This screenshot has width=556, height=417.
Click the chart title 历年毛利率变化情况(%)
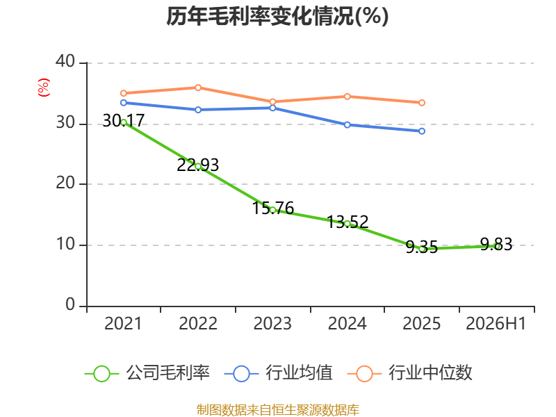pyautogui.click(x=277, y=16)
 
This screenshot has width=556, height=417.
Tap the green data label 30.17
pyautogui.click(x=124, y=120)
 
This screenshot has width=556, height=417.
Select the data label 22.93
pyautogui.click(x=198, y=165)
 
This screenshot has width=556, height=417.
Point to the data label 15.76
pyautogui.click(x=272, y=208)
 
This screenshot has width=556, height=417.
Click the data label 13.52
pyautogui.click(x=347, y=222)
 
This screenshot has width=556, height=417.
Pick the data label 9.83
pyautogui.click(x=496, y=245)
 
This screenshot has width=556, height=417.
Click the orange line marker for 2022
pyautogui.click(x=198, y=88)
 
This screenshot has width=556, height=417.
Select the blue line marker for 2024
pyautogui.click(x=347, y=125)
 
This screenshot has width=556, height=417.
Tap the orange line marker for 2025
pyautogui.click(x=422, y=103)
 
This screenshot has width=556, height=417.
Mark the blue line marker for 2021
pyautogui.click(x=124, y=103)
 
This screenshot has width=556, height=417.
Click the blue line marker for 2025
pyautogui.click(x=422, y=131)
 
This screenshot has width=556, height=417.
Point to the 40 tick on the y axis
pyautogui.click(x=65, y=61)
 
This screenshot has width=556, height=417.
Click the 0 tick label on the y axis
pyautogui.click(x=70, y=304)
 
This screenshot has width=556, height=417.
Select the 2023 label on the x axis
pyautogui.click(x=272, y=324)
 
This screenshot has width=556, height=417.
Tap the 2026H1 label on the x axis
pyautogui.click(x=496, y=324)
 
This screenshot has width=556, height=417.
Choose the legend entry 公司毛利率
pyautogui.click(x=147, y=373)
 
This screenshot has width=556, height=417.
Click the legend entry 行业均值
pyautogui.click(x=279, y=373)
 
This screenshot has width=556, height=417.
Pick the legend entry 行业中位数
pyautogui.click(x=409, y=373)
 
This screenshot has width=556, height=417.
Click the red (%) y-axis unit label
pyautogui.click(x=44, y=88)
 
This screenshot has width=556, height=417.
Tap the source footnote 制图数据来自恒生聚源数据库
pyautogui.click(x=278, y=410)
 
